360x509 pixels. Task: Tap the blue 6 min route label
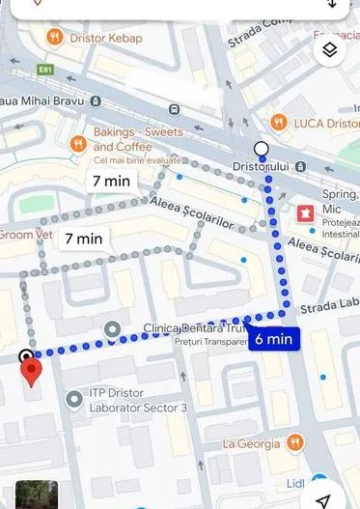pos(274,339)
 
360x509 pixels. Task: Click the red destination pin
pos(31,371)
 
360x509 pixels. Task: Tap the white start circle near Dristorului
pos(262,149)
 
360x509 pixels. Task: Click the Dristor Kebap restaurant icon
pos(55,38)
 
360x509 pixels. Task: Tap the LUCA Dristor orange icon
pos(278,122)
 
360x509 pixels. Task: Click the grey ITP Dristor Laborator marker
pos(74,398)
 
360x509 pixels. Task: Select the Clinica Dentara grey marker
pos(113,329)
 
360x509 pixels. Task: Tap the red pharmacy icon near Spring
pos(306,212)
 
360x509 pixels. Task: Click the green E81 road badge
pos(45,71)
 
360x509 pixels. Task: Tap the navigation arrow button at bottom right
pos(325,495)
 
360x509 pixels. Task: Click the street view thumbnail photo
pos(36,495)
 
